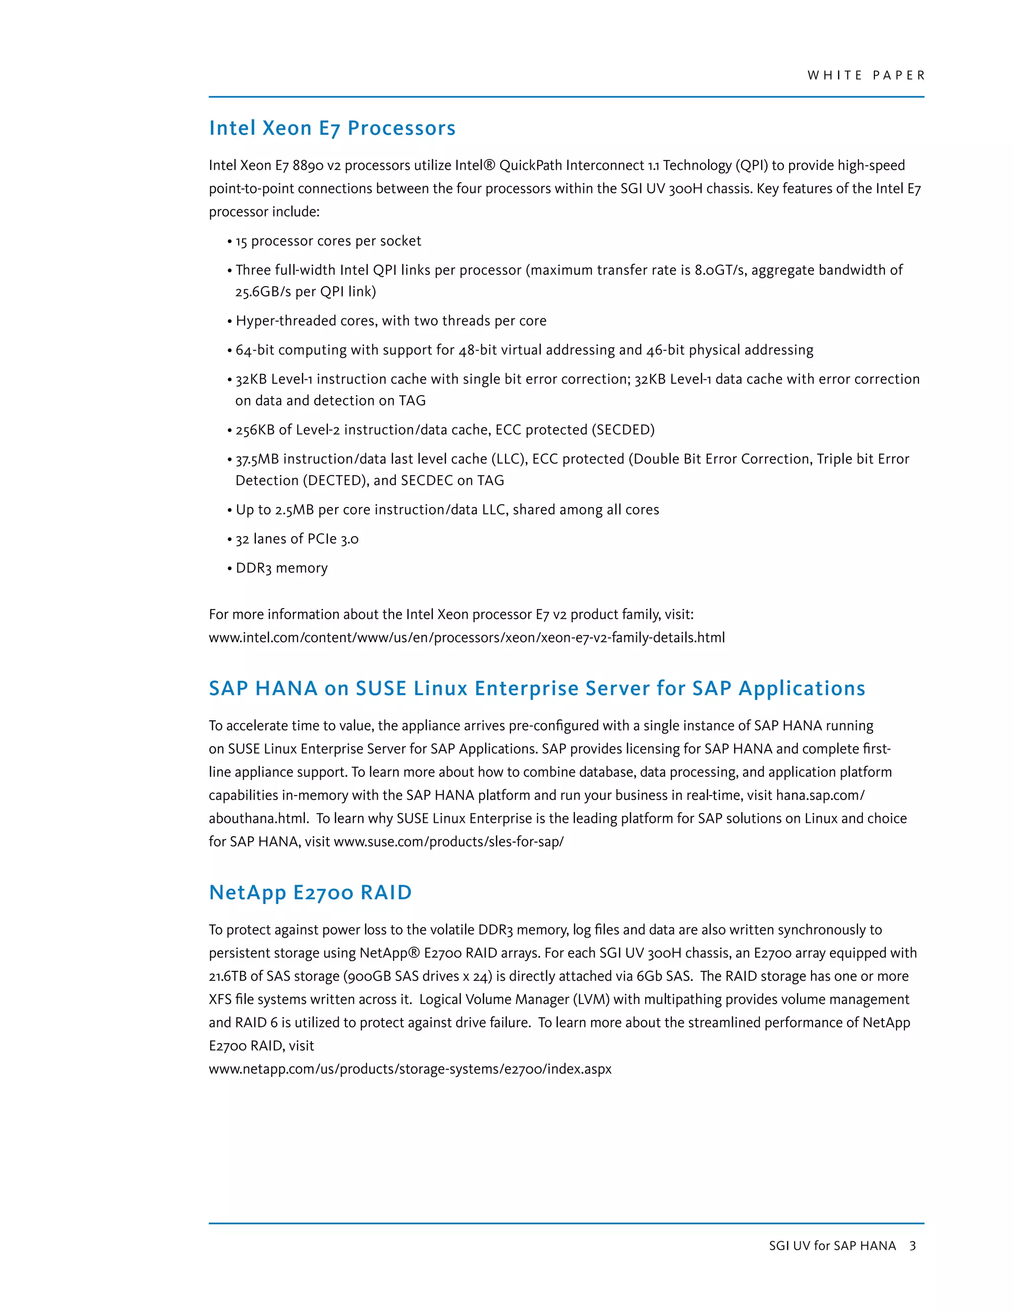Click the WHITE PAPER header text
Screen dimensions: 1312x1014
tap(865, 76)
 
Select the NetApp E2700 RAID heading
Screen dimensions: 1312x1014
tap(310, 892)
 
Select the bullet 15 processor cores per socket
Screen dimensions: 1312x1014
tap(328, 241)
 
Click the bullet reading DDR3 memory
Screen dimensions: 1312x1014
tap(281, 568)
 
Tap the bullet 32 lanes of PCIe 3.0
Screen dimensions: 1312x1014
tap(297, 539)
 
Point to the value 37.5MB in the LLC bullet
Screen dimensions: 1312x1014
tap(257, 459)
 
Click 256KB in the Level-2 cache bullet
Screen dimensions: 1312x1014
tap(254, 430)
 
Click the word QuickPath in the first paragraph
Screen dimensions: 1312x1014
tap(530, 165)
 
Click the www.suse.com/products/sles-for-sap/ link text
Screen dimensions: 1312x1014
tap(448, 842)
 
